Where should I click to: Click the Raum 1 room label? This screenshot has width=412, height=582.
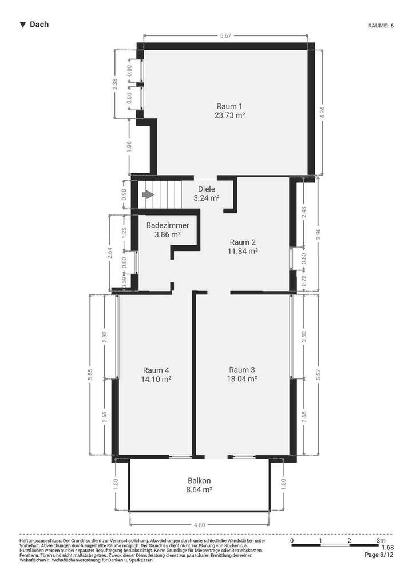point(229,106)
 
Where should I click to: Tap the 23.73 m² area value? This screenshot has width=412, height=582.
point(229,115)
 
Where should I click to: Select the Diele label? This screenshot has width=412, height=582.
point(207,189)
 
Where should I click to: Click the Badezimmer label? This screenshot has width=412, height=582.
point(168,225)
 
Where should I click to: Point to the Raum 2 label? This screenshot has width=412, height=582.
point(243,241)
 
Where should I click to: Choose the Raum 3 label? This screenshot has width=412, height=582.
point(242,369)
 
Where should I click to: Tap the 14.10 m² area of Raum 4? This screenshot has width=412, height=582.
point(156,378)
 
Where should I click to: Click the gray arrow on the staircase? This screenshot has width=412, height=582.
point(148,195)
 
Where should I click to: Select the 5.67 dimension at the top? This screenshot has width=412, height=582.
point(226,35)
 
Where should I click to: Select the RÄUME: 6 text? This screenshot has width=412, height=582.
point(381,26)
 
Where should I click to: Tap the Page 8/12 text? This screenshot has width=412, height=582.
point(379,555)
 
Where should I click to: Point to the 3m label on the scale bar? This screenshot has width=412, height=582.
point(381,540)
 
